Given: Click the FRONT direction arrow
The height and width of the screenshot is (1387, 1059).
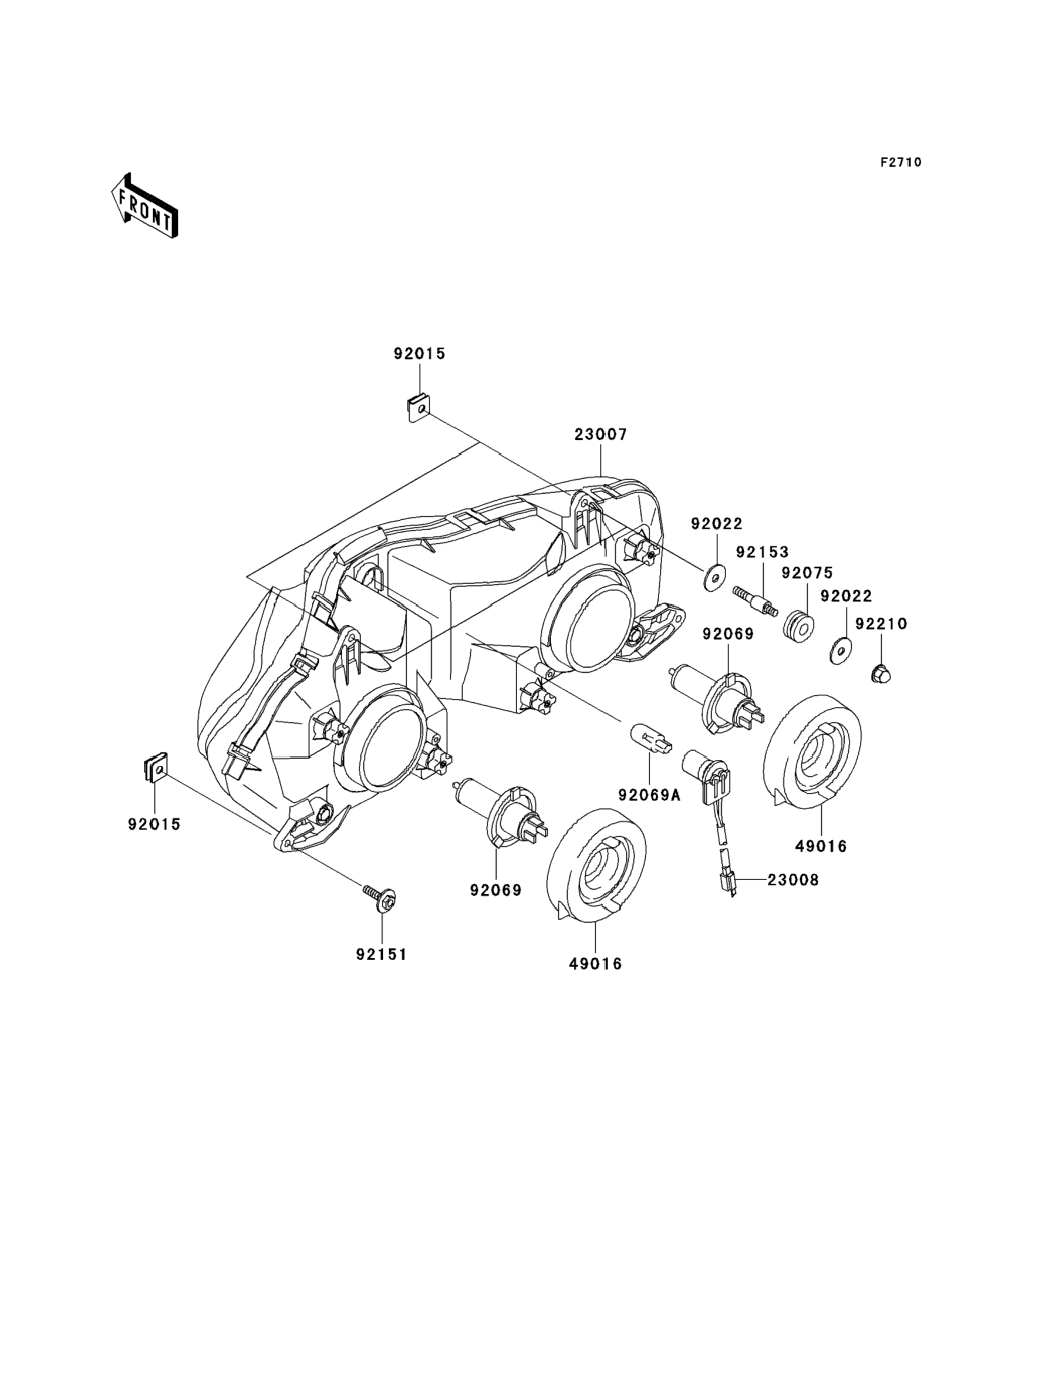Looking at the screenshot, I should [x=144, y=206].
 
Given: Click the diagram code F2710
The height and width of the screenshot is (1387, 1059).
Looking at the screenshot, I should [x=901, y=162].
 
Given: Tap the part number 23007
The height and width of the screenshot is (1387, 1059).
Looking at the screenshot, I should [x=600, y=435].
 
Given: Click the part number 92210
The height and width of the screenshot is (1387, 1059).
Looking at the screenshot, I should [x=881, y=624].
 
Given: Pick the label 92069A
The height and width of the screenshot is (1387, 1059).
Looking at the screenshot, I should [x=649, y=795].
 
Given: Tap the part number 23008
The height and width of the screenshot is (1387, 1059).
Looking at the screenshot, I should [x=793, y=880].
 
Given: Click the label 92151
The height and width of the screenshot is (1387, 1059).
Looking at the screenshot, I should [x=382, y=954].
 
